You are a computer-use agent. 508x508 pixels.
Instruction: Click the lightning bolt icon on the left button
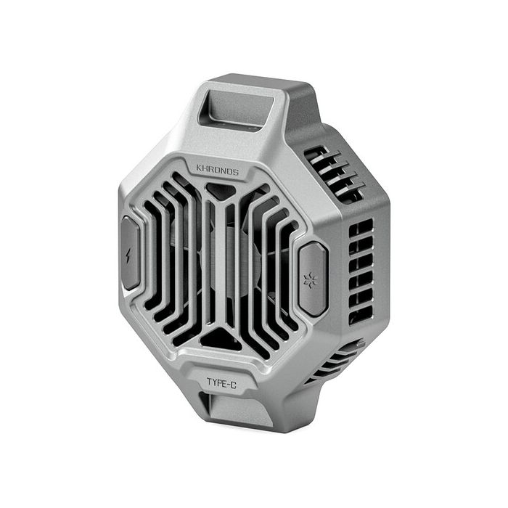130,255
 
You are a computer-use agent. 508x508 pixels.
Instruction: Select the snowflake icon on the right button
311,279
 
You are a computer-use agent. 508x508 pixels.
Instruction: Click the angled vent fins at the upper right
334,174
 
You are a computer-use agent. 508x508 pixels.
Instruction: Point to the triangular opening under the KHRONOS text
221,191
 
